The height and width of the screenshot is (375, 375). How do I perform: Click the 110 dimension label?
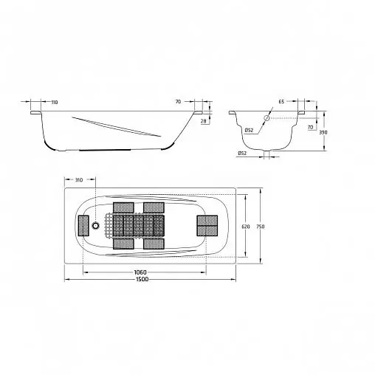tap(55, 102)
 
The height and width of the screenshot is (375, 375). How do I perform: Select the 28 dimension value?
tap(203, 121)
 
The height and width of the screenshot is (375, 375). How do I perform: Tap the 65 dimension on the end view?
tap(282, 102)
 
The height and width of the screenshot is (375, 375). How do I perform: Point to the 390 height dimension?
tap(323, 132)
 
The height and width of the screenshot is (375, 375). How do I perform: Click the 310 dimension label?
tap(78, 180)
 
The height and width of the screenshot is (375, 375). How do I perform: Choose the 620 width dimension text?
tap(246, 227)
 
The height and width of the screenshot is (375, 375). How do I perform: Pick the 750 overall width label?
tap(261, 227)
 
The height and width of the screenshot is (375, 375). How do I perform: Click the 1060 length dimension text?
tap(140, 272)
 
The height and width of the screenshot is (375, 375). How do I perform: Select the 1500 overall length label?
tap(142, 279)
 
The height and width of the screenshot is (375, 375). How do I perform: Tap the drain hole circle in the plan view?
tap(95, 225)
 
